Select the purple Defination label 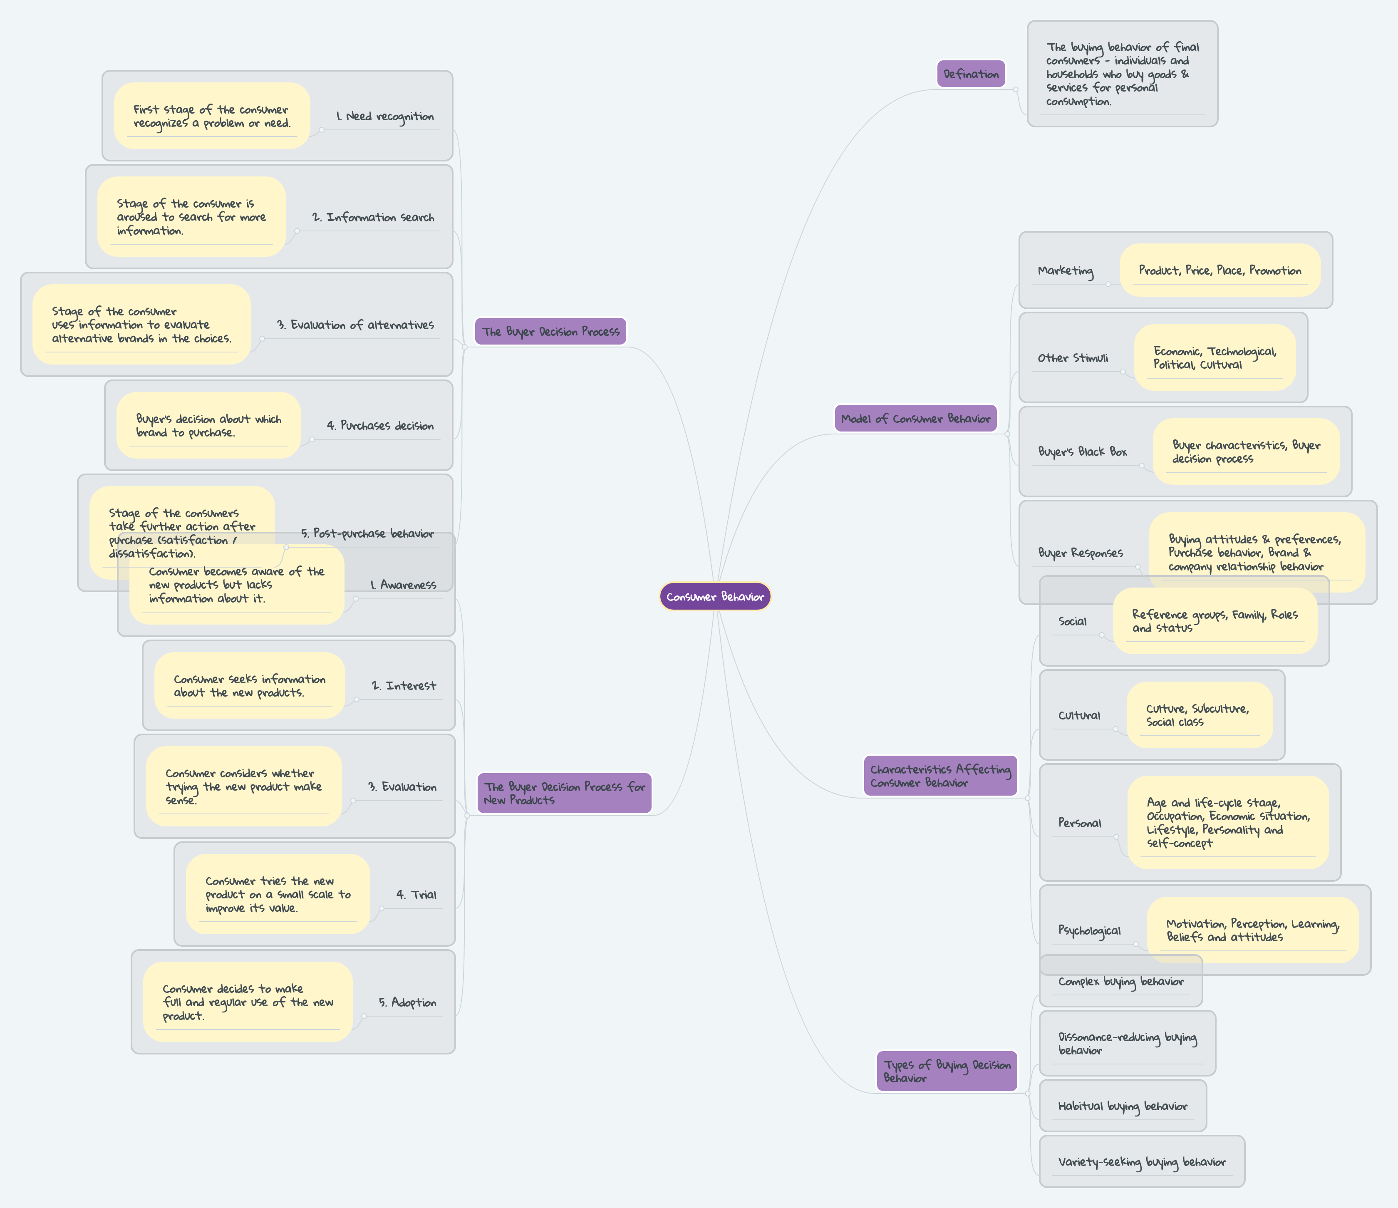tap(971, 74)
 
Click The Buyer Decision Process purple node tap(550, 331)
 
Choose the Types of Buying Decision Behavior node tap(947, 1071)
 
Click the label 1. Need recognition tap(385, 117)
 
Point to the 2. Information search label tap(373, 217)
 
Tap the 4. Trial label tap(416, 895)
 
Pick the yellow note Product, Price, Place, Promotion tap(1220, 270)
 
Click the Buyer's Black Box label tap(1082, 451)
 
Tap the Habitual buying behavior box tap(1123, 1106)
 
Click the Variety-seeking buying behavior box tap(1142, 1162)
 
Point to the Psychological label tap(1089, 930)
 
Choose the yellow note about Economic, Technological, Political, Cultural tap(1215, 358)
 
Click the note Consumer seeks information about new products tap(250, 686)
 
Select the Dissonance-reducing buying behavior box tap(1127, 1043)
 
